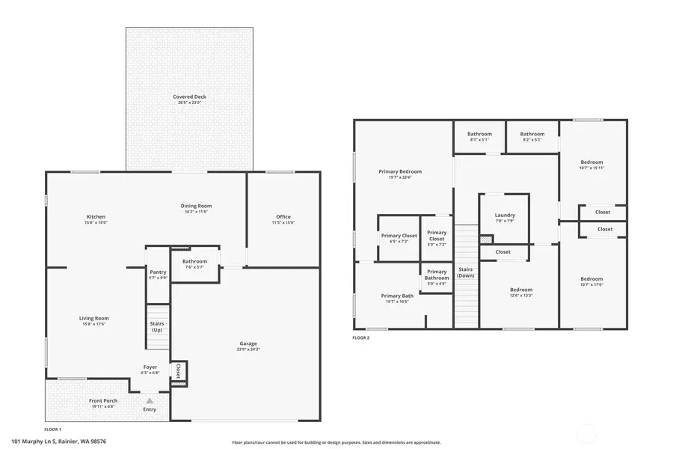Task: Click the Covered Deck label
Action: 189,97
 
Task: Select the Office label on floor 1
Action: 283,217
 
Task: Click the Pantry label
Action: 158,272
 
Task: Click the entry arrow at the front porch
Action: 150,401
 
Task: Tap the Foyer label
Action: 150,367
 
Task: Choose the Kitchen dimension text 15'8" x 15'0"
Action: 96,222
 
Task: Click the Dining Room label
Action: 196,206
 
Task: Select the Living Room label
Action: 94,318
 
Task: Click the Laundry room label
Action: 505,216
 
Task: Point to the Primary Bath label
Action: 396,296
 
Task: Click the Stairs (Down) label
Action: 466,272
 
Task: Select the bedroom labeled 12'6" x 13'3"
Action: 521,290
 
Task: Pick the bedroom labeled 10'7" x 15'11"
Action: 591,162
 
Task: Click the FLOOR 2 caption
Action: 361,337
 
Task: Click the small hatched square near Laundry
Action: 486,239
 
